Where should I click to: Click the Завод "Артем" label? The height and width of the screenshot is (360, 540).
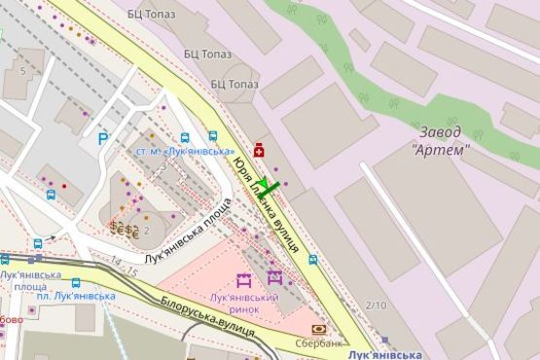440,141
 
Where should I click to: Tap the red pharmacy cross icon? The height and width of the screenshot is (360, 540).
259,151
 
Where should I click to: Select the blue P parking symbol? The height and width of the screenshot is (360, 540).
103,139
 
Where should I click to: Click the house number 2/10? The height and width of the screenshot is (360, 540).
376,306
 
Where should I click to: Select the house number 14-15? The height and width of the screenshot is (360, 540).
124,263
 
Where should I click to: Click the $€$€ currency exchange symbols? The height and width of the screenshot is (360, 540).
124,230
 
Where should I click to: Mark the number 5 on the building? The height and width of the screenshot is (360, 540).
21,71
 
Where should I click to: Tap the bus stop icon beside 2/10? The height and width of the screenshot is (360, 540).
312,260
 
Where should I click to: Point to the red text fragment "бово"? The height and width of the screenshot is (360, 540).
12,319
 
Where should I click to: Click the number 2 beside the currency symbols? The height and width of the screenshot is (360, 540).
147,231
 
